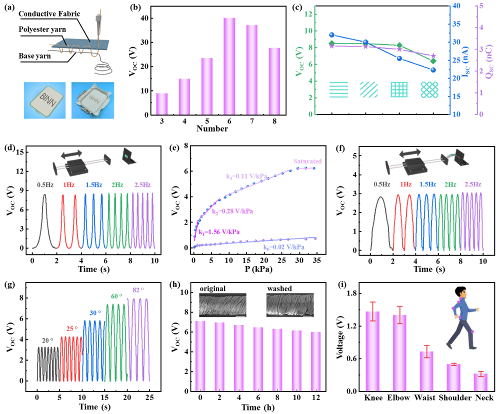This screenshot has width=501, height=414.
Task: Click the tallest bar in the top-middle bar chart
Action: click(x=229, y=65)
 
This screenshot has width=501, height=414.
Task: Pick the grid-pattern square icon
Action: click(x=399, y=89)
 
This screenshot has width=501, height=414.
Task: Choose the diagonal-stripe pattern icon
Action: click(x=368, y=89)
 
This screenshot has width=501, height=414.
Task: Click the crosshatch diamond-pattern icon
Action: click(x=429, y=89)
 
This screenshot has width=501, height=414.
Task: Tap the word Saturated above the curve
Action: click(x=307, y=161)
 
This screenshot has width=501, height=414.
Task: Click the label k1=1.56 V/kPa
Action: click(x=219, y=232)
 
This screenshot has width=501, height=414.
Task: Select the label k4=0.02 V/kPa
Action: click(x=284, y=246)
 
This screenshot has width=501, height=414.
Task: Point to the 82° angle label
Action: click(x=138, y=289)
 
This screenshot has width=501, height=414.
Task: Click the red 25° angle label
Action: click(x=72, y=328)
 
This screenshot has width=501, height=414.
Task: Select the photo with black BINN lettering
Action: click(x=44, y=100)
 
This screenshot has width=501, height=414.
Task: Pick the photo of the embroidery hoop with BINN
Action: click(x=92, y=100)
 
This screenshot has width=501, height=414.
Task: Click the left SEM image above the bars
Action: click(x=222, y=304)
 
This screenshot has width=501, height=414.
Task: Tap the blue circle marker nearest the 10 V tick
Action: click(x=331, y=35)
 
